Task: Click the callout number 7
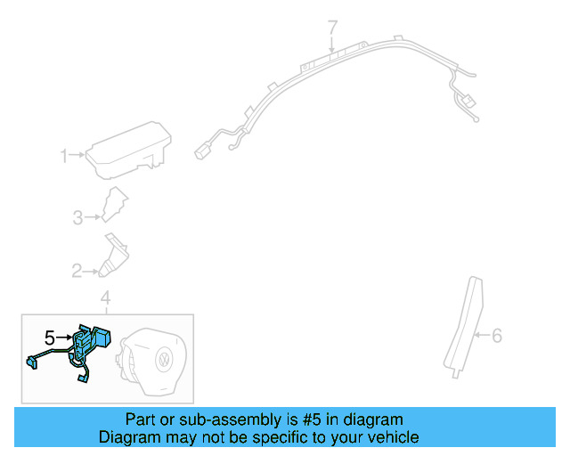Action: click(333, 28)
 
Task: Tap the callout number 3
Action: click(78, 216)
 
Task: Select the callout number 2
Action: click(77, 270)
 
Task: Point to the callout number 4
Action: click(105, 297)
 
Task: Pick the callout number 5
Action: click(50, 338)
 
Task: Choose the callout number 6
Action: click(497, 336)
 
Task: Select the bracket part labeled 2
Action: click(114, 256)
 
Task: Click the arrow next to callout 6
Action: click(481, 336)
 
